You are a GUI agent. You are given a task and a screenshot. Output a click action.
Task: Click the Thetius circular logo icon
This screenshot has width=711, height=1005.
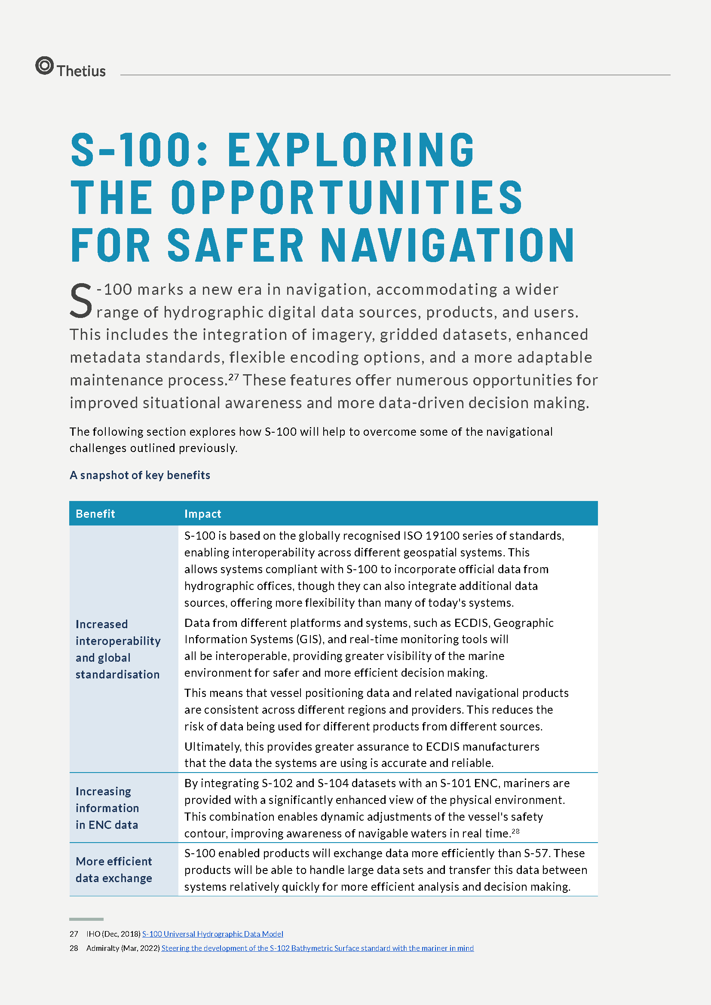[44, 66]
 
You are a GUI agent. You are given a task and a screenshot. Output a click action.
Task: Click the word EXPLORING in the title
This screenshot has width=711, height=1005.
[351, 150]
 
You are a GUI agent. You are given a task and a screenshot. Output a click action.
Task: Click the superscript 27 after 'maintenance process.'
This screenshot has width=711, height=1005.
[233, 376]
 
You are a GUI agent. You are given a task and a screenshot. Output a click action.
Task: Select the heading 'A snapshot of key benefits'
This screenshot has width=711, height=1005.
[140, 475]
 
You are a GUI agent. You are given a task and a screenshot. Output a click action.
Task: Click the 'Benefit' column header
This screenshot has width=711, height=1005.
[95, 513]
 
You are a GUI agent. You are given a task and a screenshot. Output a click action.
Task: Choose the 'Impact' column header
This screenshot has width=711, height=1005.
[203, 513]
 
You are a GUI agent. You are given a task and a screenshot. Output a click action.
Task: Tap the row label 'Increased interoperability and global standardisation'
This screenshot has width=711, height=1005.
[118, 649]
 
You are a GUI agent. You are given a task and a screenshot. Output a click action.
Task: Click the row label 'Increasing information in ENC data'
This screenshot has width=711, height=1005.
[107, 808]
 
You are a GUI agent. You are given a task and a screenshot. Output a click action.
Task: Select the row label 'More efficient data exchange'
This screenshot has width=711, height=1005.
[114, 869]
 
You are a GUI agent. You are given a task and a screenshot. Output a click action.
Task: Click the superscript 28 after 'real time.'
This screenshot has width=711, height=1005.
[515, 831]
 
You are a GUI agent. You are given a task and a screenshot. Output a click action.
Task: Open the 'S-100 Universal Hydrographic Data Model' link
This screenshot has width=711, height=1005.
[212, 934]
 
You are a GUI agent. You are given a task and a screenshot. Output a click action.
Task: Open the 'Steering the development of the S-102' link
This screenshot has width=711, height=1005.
[317, 948]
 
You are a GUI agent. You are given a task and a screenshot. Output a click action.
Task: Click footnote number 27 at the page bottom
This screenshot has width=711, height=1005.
[74, 934]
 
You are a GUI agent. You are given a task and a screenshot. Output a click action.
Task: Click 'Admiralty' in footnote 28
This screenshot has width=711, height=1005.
[102, 948]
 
